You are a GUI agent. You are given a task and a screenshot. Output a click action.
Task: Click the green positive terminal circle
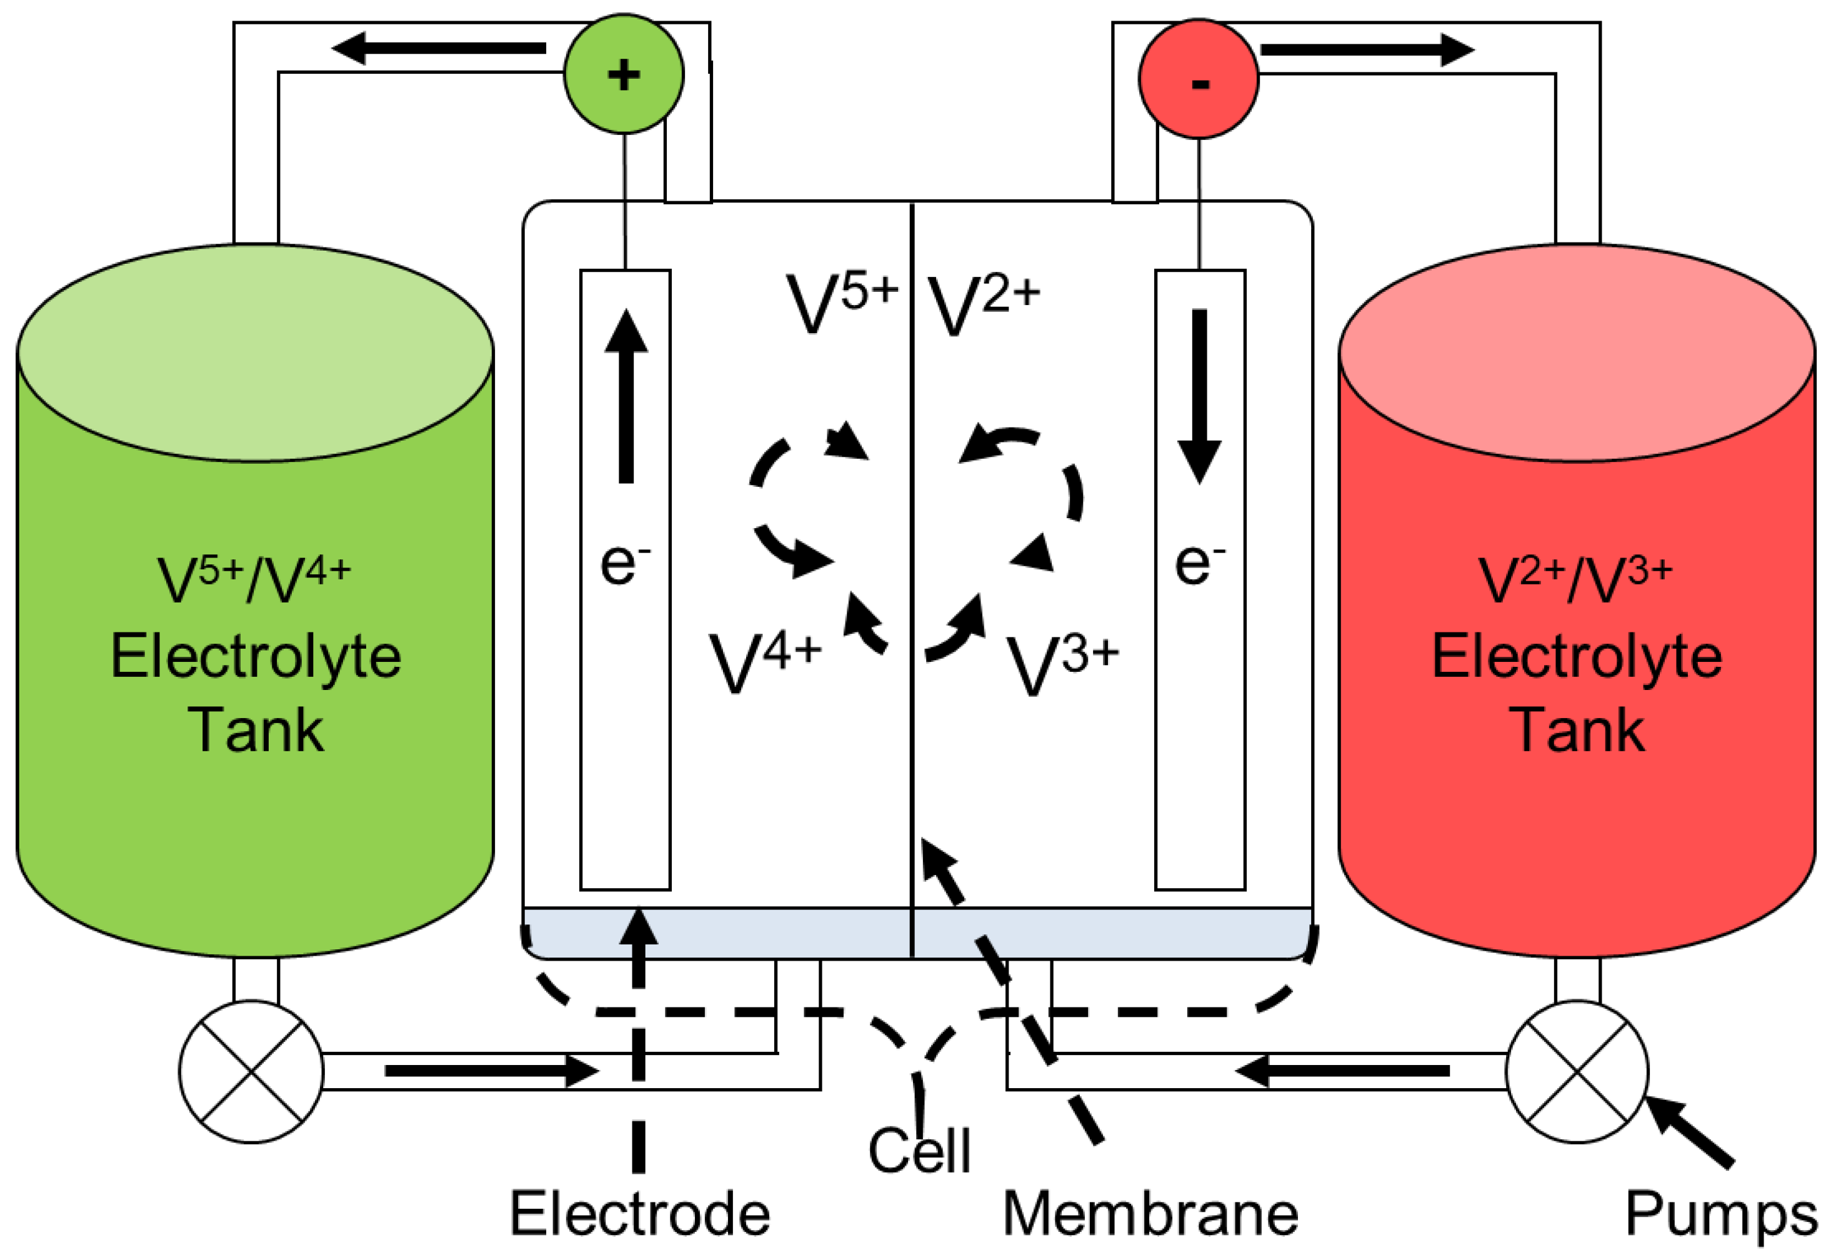pos(624,74)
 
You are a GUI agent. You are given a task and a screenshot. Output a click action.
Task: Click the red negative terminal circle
pos(1199,79)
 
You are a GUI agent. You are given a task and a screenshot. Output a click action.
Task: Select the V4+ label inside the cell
pos(766,663)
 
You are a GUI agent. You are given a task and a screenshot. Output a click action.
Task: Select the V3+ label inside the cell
pos(1063,666)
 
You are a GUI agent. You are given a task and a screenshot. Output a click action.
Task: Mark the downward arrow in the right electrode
pos(1199,396)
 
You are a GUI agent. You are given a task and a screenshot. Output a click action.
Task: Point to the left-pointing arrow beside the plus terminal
pos(438,48)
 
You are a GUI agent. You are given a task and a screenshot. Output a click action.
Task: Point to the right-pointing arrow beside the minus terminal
pos(1368,50)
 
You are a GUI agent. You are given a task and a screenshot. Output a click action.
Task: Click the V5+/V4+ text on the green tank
pos(254,581)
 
